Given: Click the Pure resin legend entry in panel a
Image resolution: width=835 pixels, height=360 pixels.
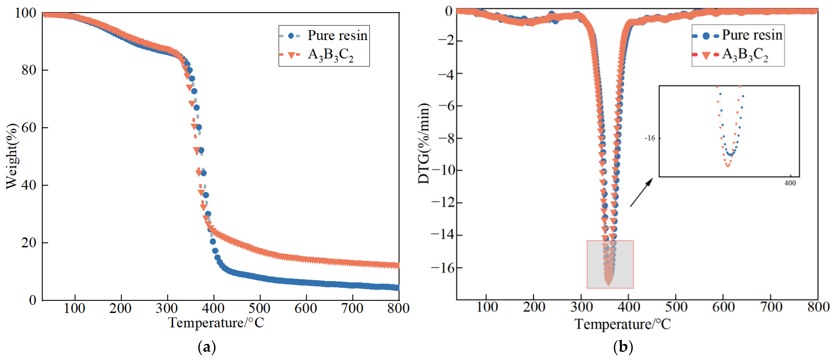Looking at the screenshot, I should pyautogui.click(x=324, y=35).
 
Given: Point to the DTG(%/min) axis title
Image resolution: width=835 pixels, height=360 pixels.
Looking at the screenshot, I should pyautogui.click(x=423, y=143).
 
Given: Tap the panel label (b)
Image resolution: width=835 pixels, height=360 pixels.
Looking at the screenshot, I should pyautogui.click(x=623, y=347).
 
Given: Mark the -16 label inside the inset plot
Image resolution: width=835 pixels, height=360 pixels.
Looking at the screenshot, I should pyautogui.click(x=650, y=138).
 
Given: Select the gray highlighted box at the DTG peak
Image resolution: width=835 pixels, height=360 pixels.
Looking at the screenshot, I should pyautogui.click(x=610, y=264).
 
